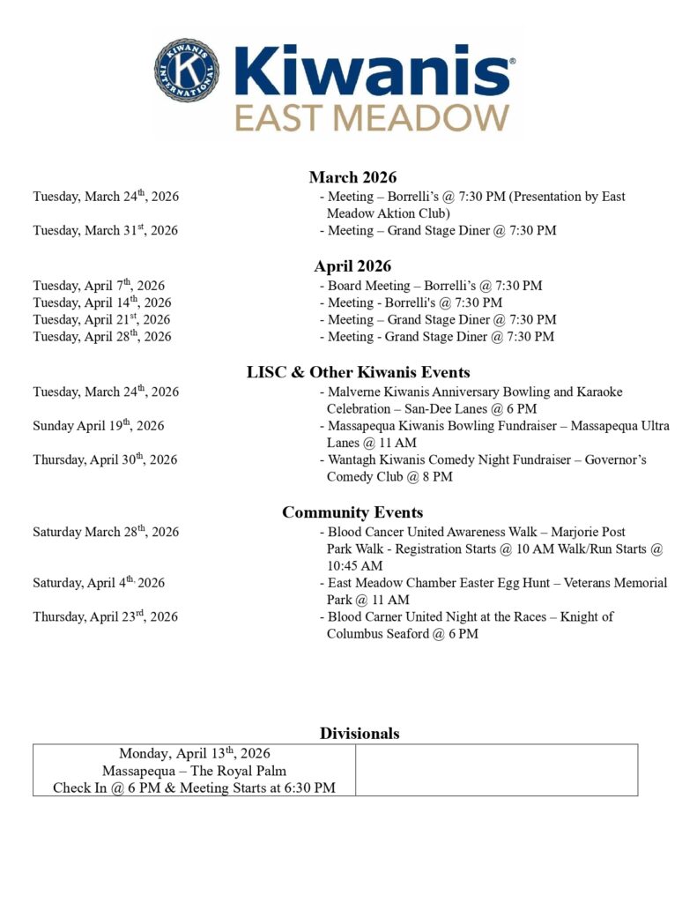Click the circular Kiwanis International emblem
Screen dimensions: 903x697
187,69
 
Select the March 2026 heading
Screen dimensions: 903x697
352,177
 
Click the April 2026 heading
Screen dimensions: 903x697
352,266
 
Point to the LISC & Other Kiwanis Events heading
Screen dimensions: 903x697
358,372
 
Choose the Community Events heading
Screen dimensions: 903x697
352,512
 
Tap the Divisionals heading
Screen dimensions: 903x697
360,733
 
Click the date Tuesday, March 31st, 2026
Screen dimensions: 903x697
106,230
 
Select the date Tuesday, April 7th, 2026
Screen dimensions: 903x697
99,285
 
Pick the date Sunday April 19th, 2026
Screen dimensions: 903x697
99,425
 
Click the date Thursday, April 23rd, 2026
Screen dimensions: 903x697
106,616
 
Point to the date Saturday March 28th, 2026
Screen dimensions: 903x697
106,532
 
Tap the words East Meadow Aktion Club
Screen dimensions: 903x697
388,213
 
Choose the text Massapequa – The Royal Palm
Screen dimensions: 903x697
194,771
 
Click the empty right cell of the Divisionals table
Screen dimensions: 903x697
496,770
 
